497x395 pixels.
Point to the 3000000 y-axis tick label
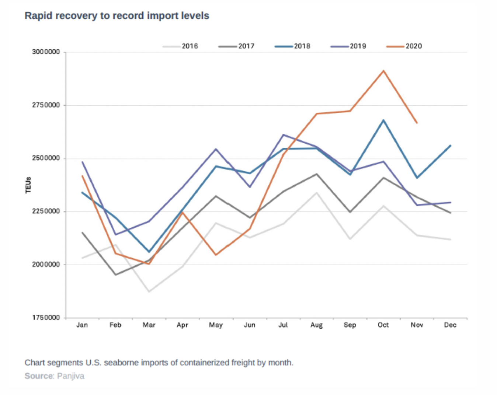click(x=46, y=52)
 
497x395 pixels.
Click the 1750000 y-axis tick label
click(x=46, y=318)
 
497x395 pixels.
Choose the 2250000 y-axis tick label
click(x=46, y=211)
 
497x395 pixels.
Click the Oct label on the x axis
click(x=383, y=325)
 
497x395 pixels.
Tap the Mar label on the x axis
click(x=149, y=325)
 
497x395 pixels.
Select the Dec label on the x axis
click(x=450, y=325)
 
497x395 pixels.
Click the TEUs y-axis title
click(x=28, y=185)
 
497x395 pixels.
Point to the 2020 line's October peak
click(x=383, y=71)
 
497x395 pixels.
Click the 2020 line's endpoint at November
click(x=417, y=123)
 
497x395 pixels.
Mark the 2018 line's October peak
click(x=383, y=120)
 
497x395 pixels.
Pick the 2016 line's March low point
click(x=149, y=292)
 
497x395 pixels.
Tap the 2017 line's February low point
click(x=115, y=275)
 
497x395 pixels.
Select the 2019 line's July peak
click(x=283, y=134)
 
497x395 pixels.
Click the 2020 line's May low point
click(x=216, y=255)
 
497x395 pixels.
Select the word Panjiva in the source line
click(x=70, y=376)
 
